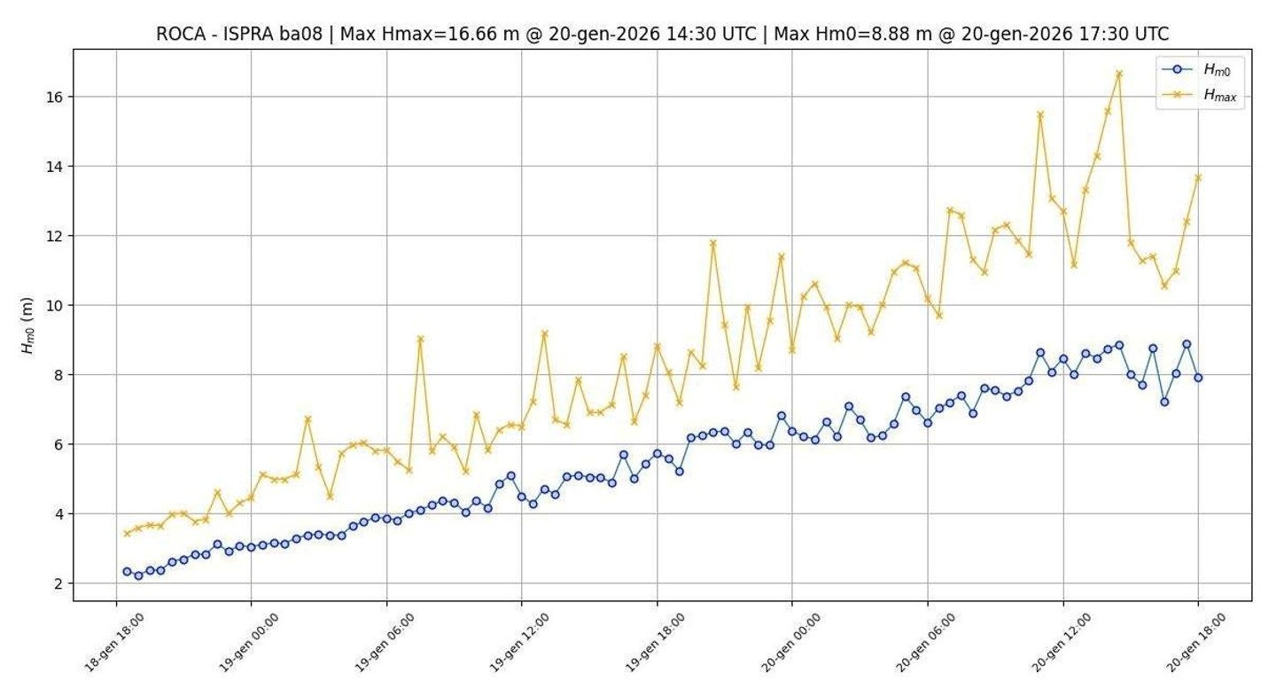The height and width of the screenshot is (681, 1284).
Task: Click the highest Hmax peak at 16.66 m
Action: (x=1118, y=74)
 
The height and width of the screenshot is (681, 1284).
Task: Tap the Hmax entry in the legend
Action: (x=1219, y=95)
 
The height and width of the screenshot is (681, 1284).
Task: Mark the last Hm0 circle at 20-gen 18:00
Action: (x=1198, y=378)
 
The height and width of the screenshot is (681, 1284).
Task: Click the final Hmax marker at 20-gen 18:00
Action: (x=1198, y=177)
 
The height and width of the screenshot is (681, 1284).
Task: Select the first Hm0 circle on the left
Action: (x=127, y=572)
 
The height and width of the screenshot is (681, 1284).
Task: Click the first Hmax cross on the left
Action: (x=127, y=533)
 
